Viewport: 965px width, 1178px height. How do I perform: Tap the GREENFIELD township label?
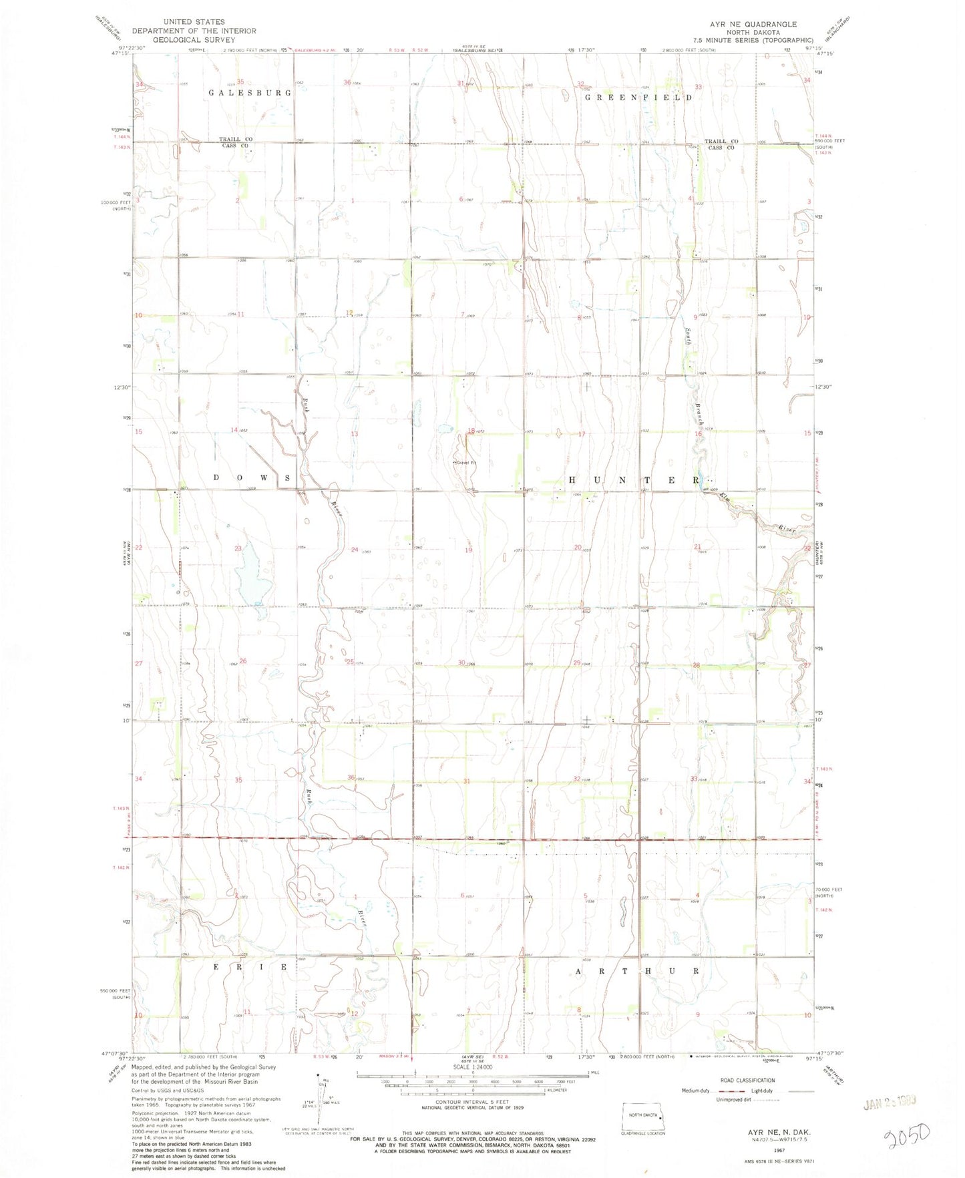click(x=638, y=97)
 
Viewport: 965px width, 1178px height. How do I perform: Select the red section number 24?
click(x=355, y=550)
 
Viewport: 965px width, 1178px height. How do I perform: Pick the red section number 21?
click(x=697, y=546)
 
